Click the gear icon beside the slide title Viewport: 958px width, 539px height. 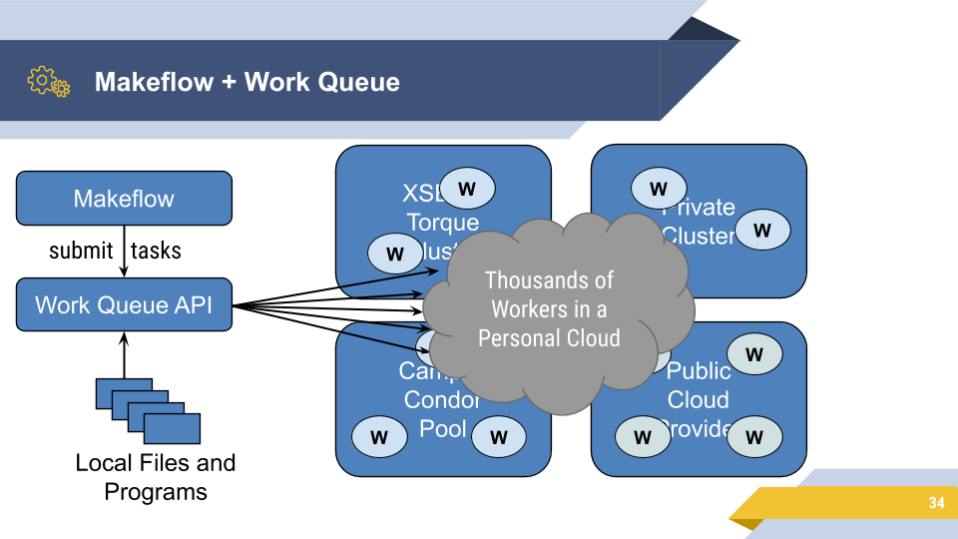(x=48, y=81)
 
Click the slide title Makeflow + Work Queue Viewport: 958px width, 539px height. (x=246, y=82)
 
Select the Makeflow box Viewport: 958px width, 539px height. (x=124, y=198)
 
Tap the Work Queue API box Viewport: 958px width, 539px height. (x=124, y=304)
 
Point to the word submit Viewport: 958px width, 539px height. (x=81, y=251)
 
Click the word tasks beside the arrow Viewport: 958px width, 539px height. (x=156, y=251)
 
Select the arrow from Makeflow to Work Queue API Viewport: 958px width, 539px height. (x=125, y=251)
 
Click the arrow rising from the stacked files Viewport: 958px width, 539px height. (x=125, y=354)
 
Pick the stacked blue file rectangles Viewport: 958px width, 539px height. (x=148, y=409)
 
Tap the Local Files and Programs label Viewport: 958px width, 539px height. (x=156, y=477)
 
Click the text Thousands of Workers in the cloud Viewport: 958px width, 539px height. (x=549, y=308)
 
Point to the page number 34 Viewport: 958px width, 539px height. (x=935, y=503)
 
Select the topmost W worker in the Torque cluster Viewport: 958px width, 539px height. (x=467, y=188)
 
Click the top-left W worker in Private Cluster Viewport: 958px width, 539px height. (x=659, y=188)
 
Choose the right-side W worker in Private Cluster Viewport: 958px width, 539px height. (x=762, y=230)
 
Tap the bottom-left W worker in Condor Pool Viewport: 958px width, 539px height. (x=379, y=436)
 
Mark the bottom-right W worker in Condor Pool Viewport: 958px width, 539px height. (x=499, y=436)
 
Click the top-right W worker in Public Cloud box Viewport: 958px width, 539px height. (x=754, y=353)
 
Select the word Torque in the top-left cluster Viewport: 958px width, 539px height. (x=442, y=223)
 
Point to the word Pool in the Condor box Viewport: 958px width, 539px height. (x=442, y=428)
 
